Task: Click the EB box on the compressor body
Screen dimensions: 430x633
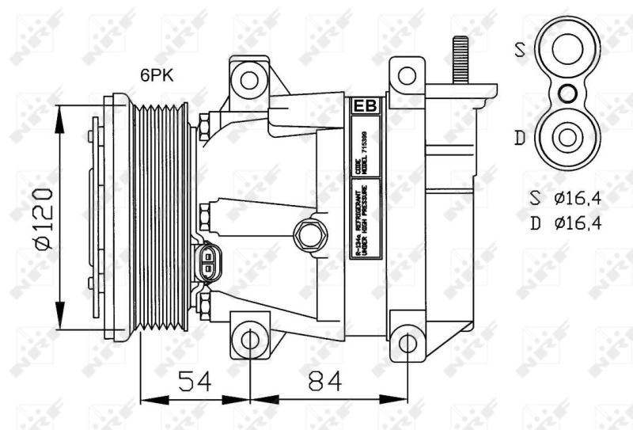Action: coord(364,106)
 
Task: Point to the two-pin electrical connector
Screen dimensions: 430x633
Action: coord(207,261)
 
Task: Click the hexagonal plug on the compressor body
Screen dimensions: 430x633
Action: coord(308,234)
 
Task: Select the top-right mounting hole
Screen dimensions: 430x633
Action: coord(407,76)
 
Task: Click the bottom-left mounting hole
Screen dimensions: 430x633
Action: coord(250,341)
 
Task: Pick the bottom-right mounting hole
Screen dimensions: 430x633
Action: coord(407,342)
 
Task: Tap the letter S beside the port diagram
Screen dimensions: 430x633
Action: coord(520,50)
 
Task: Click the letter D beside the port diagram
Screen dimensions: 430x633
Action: coord(519,139)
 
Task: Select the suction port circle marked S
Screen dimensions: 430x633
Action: coord(567,49)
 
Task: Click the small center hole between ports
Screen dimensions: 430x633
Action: coord(567,94)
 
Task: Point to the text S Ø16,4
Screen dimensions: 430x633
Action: coord(566,198)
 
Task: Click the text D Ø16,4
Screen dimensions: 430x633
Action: coord(566,223)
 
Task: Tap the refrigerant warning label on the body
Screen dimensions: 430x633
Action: coord(365,219)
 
